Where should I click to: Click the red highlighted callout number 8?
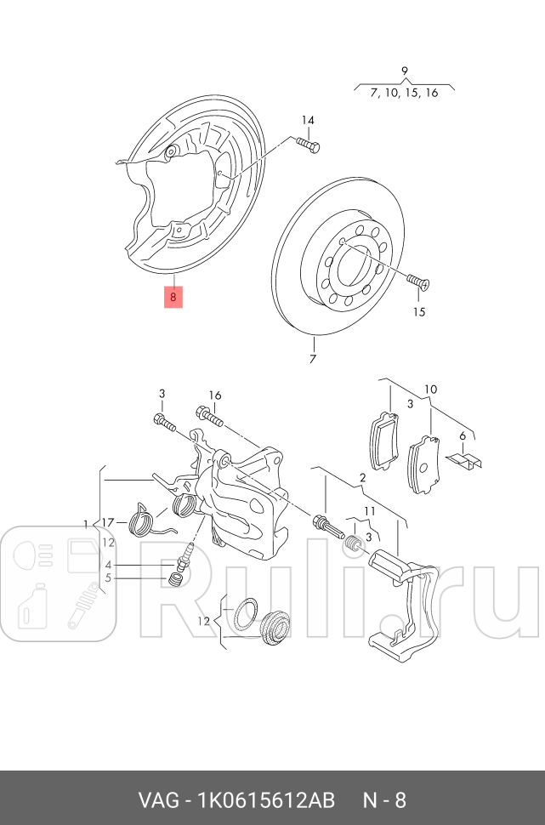point(173,297)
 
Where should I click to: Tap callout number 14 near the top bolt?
point(307,120)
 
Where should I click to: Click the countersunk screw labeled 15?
point(417,282)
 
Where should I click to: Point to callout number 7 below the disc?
point(312,360)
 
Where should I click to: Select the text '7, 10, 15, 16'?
point(405,92)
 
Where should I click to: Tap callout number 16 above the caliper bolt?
point(214,395)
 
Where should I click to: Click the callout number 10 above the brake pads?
point(431,389)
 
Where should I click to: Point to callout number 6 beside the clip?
point(463,435)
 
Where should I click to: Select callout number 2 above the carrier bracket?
point(362,477)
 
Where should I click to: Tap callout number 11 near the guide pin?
point(369,510)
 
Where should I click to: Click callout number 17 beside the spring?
point(108,522)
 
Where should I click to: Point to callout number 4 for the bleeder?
point(108,565)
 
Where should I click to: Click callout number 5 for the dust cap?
point(108,578)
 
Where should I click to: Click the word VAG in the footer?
point(159,800)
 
